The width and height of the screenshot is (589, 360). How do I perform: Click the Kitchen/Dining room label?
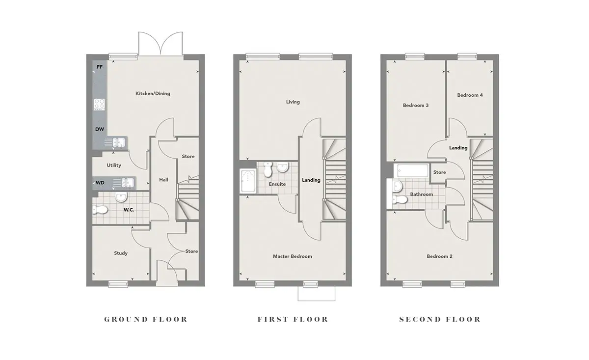pos(153,93)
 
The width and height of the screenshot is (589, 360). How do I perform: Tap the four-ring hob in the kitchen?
pos(99,105)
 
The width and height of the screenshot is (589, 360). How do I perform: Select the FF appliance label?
pos(100,67)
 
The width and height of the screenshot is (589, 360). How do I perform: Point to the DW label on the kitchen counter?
pos(100,129)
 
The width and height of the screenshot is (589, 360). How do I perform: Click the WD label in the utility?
pos(100,183)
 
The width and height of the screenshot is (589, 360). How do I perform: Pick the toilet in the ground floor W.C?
pos(100,210)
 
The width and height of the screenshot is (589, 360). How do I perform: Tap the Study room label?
pos(121,253)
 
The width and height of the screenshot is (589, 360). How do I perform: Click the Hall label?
pos(163,180)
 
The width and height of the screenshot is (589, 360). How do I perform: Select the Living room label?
pos(293,102)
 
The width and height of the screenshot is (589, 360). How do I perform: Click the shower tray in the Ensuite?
pos(248,181)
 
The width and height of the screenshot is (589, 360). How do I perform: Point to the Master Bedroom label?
pos(293,256)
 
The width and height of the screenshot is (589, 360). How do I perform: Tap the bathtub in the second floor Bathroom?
pos(411,171)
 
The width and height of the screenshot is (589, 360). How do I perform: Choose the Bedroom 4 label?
pos(470,95)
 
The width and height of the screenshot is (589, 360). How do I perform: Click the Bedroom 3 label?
pos(416,105)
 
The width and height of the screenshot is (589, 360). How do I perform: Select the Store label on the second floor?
pos(439,172)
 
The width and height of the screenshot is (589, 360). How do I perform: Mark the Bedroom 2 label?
pos(439,256)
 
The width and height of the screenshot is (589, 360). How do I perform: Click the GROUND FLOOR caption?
pos(146,319)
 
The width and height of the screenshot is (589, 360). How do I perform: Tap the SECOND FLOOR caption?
pos(440,319)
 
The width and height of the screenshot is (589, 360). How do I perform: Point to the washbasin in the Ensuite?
pos(283,167)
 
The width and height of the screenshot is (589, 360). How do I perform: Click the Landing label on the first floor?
pos(311,180)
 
